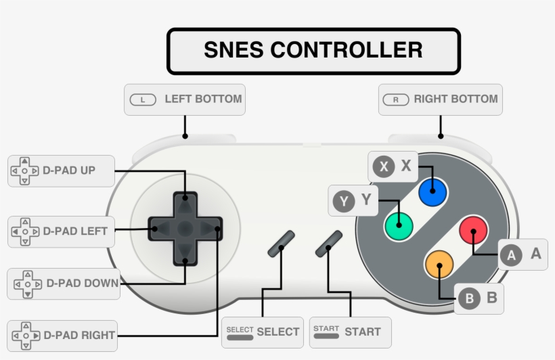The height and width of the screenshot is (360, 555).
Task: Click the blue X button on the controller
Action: point(433,193)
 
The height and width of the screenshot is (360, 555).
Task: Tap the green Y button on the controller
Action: point(399,225)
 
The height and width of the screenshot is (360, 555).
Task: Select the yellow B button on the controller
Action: point(439,264)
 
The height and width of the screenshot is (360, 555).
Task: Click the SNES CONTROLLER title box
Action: point(313,51)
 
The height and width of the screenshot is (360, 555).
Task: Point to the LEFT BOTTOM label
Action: point(185,99)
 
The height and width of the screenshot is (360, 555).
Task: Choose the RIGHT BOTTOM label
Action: point(440,99)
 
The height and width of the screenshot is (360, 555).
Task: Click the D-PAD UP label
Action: point(61,171)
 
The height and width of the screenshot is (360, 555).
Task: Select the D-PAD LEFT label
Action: point(61,231)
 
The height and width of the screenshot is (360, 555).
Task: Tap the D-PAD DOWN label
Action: point(63,284)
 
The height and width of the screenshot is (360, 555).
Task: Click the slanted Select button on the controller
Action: point(281,244)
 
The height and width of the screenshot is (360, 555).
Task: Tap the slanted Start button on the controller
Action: point(329,244)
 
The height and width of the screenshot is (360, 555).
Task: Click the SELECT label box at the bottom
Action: point(262,332)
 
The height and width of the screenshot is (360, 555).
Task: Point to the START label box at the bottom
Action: point(350,332)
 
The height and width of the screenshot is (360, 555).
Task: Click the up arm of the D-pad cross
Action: point(185,203)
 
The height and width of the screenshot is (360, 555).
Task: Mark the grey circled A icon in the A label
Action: point(511,255)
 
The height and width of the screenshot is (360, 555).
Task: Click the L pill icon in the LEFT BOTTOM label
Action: point(142,100)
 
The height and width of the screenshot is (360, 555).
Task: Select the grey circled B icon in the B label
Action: point(468,298)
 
